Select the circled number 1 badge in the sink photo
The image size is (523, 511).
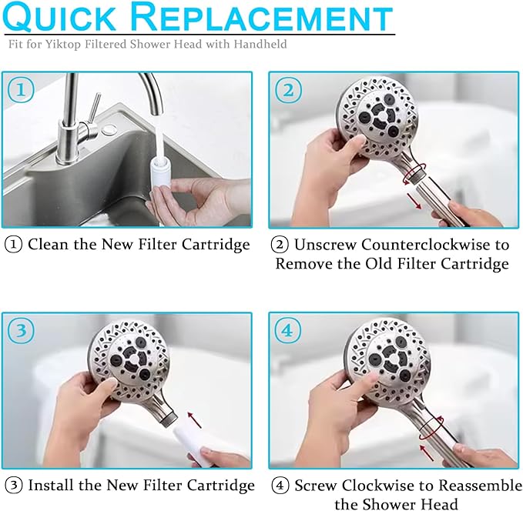tap(21, 91)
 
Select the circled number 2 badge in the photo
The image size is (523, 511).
tap(288, 91)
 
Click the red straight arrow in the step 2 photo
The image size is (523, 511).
tap(414, 202)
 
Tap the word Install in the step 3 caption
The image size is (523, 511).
tap(51, 486)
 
